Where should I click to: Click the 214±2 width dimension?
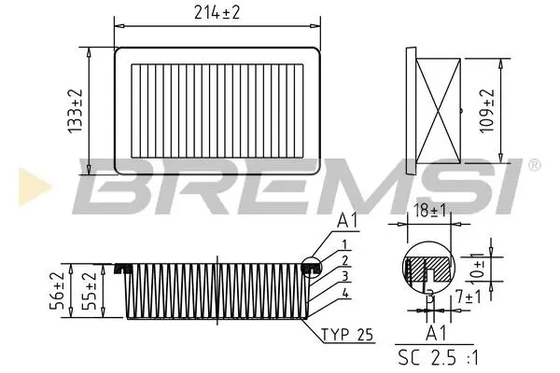[217, 13]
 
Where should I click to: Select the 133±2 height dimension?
[76, 111]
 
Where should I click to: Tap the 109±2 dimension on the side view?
[487, 111]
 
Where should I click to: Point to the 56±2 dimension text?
[57, 290]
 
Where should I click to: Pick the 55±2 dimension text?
[90, 290]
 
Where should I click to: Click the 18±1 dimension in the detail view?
[429, 211]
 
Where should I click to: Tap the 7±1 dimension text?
[469, 297]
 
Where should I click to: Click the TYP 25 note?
[347, 335]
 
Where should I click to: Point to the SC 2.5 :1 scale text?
[438, 358]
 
